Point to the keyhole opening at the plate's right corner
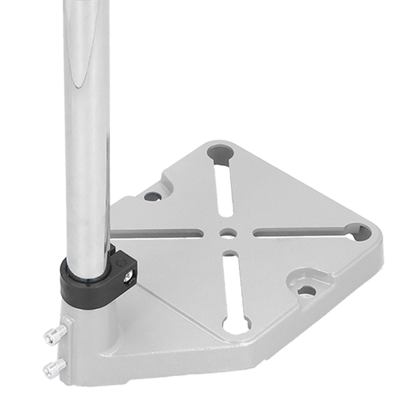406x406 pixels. [x=358, y=231]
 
